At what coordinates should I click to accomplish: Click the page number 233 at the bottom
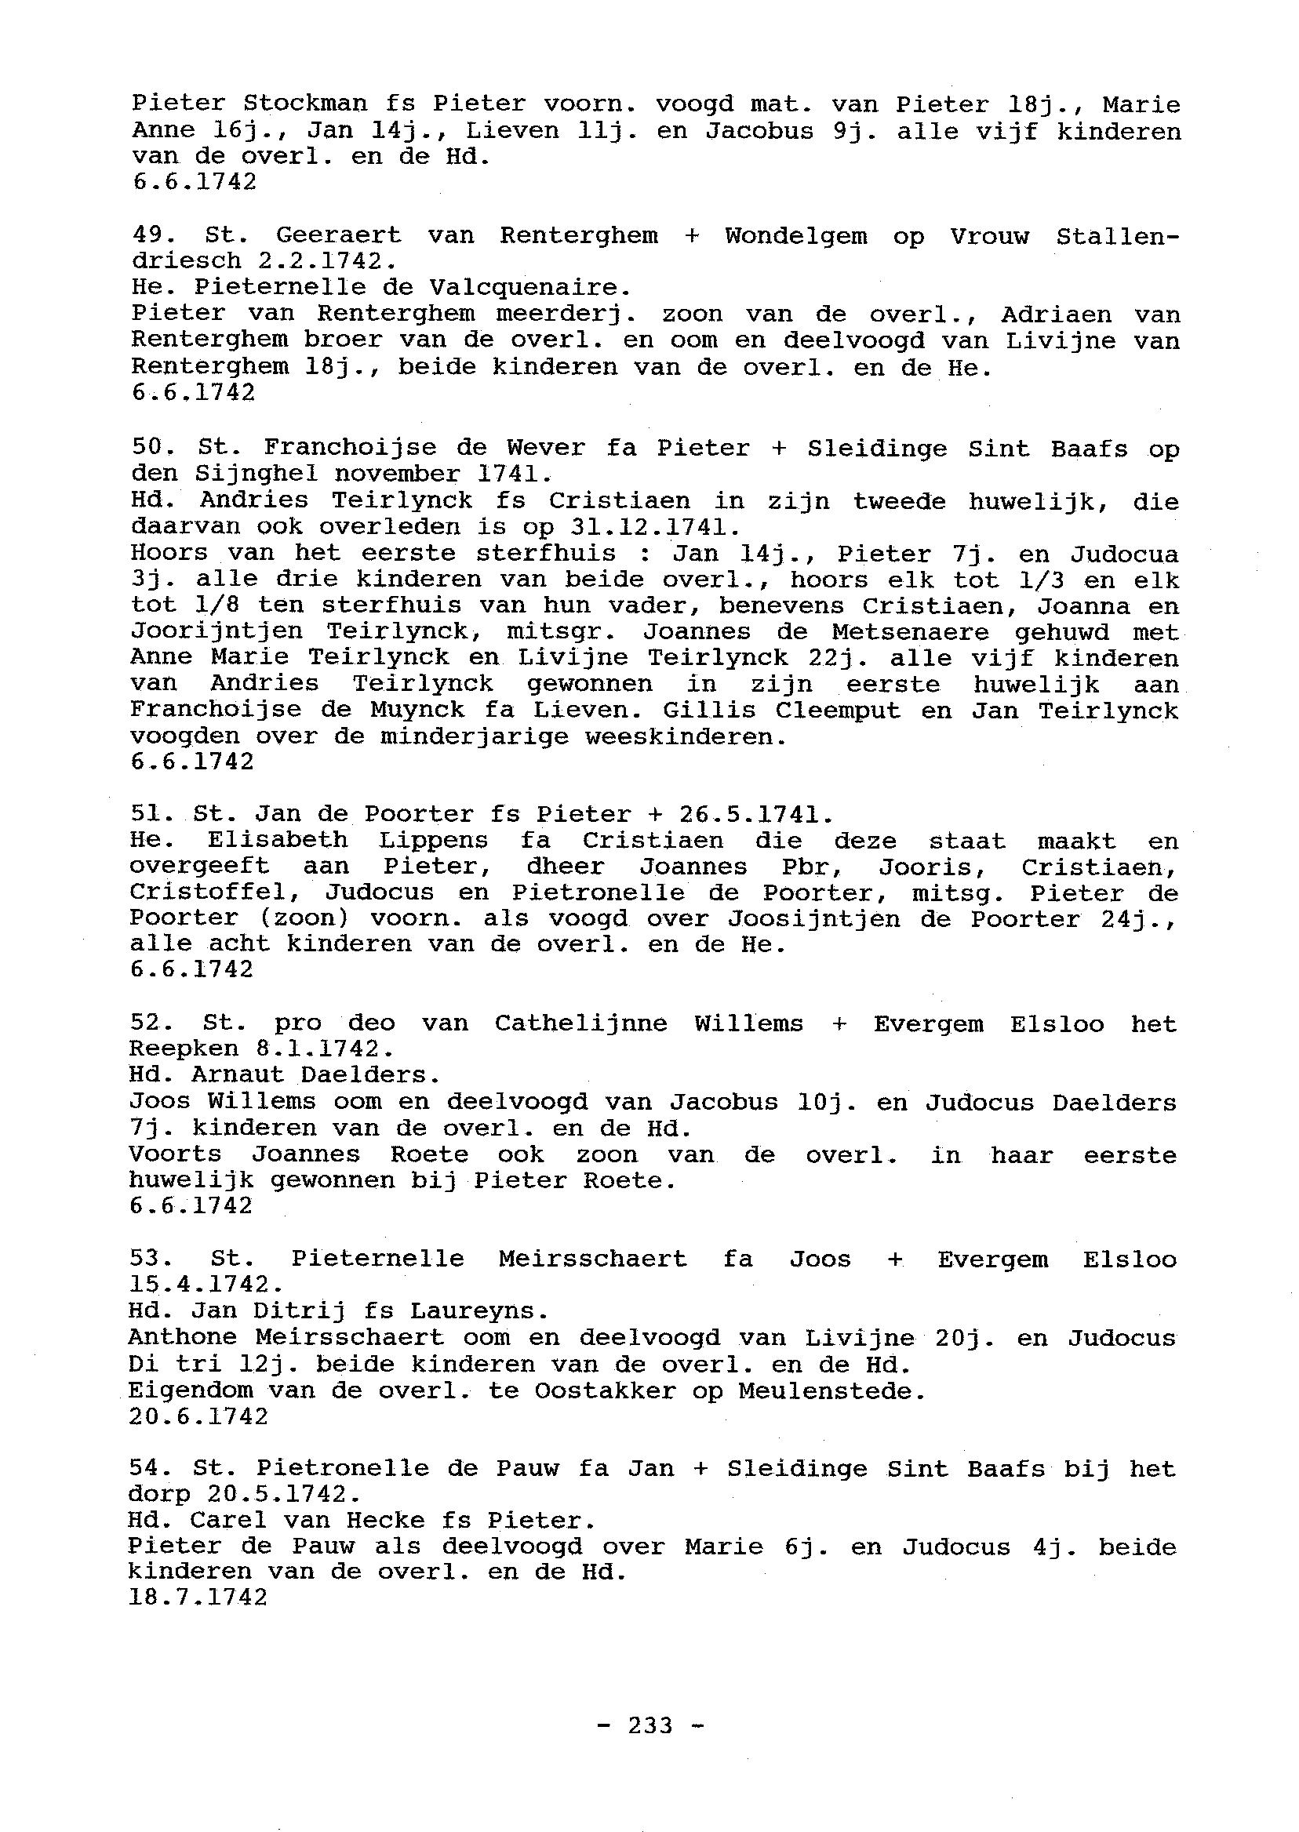(650, 1725)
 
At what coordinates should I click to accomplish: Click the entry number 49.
(148, 236)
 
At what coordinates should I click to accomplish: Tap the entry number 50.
(147, 449)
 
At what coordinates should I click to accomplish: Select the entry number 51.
(146, 814)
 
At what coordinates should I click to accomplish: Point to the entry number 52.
(146, 1023)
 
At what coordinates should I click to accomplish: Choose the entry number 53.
(146, 1259)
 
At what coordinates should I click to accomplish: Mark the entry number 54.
(145, 1468)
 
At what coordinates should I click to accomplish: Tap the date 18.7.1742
(198, 1598)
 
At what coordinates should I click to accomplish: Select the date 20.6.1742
(198, 1416)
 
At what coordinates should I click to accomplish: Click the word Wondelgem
(796, 236)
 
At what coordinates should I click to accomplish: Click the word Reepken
(184, 1049)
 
